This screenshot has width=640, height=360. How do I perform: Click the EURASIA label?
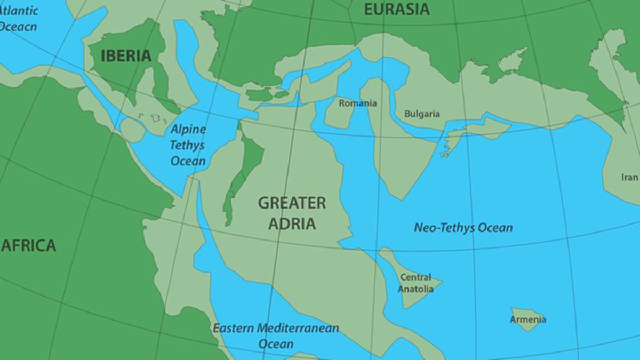[x=396, y=9]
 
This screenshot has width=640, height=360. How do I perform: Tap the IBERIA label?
[x=126, y=55]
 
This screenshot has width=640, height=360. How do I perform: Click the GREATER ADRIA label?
[x=292, y=213]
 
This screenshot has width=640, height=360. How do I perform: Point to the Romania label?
[x=358, y=103]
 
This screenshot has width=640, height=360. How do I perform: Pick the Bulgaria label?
[x=422, y=114]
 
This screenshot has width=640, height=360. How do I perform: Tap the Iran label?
[x=630, y=178]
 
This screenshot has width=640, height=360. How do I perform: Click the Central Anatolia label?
[x=416, y=283]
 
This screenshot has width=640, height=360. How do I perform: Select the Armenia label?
[x=528, y=319]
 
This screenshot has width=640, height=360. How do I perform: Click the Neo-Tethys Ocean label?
[x=463, y=228]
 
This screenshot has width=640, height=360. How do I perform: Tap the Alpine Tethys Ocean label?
[x=188, y=145]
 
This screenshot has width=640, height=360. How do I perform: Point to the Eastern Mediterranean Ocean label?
[x=276, y=335]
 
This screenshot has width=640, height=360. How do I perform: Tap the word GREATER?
[x=292, y=203]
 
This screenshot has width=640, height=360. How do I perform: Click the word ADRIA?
[x=292, y=223]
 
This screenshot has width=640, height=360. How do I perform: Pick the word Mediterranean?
[x=298, y=327]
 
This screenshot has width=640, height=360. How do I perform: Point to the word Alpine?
[x=188, y=130]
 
